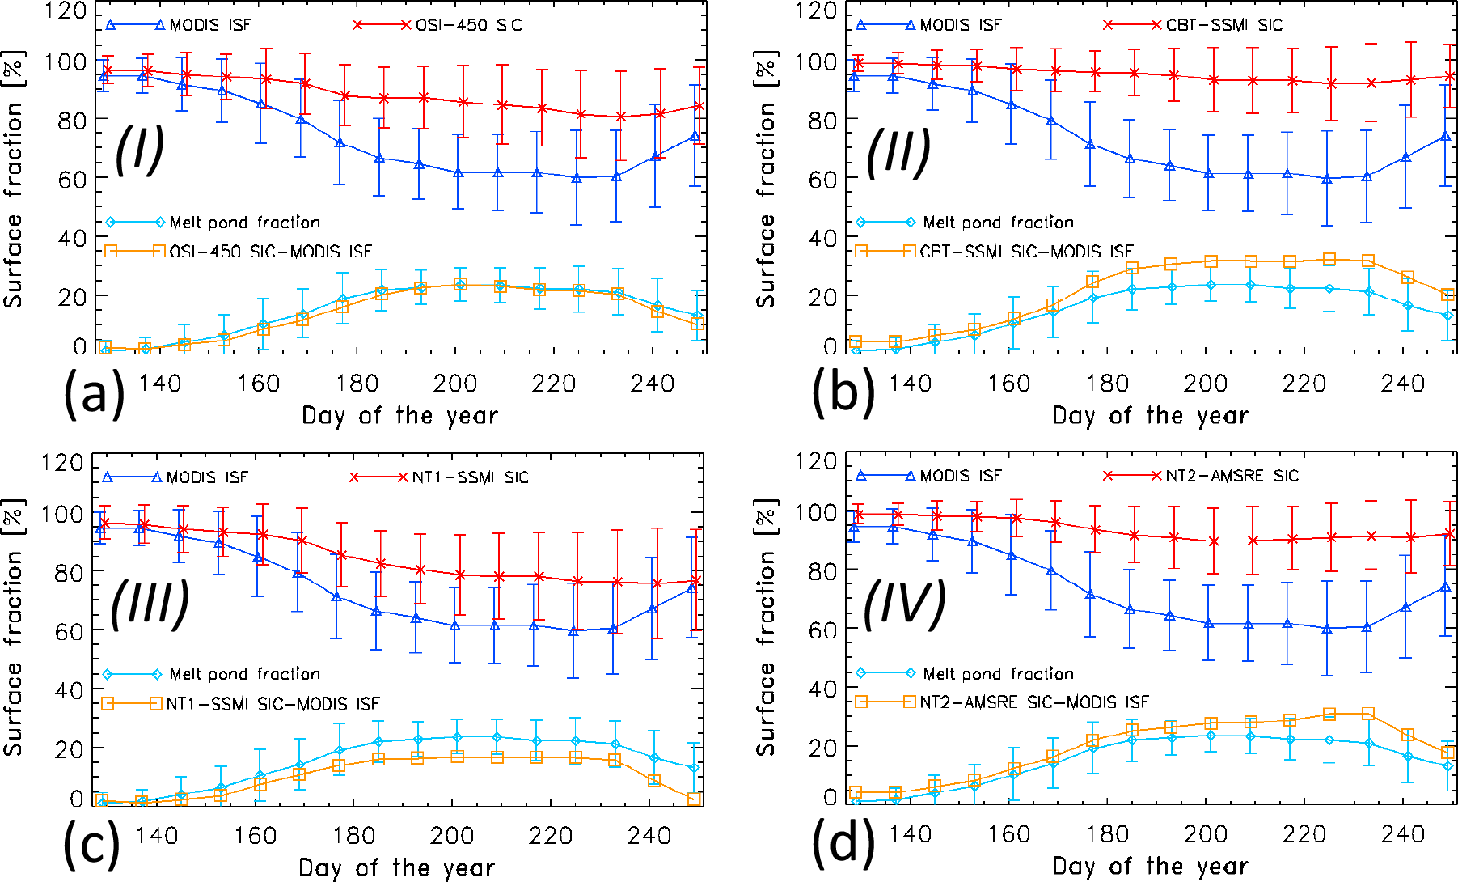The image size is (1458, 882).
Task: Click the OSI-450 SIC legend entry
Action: click(468, 25)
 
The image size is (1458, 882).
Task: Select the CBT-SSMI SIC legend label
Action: click(1223, 25)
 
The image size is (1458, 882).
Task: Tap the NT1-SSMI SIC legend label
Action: click(470, 477)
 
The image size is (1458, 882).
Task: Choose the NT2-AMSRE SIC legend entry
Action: click(1232, 476)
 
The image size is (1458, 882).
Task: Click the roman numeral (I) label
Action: click(139, 150)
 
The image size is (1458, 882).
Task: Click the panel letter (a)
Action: click(94, 393)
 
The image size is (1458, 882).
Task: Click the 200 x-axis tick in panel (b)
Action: click(1205, 383)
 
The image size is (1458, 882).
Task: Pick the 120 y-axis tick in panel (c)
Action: click(63, 463)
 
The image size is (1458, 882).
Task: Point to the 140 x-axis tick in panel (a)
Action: click(159, 383)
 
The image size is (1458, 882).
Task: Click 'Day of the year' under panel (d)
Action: click(1150, 867)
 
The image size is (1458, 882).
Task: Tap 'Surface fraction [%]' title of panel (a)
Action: click(14, 180)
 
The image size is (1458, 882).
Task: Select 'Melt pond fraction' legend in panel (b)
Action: click(998, 222)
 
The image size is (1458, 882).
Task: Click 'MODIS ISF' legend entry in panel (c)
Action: click(207, 477)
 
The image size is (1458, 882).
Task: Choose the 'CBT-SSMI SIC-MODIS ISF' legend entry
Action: click(1026, 252)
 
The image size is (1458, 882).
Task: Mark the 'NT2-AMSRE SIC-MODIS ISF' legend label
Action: click(1034, 702)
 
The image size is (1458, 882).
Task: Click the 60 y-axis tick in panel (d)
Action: click(823, 630)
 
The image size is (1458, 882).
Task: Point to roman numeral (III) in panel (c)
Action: click(150, 604)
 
